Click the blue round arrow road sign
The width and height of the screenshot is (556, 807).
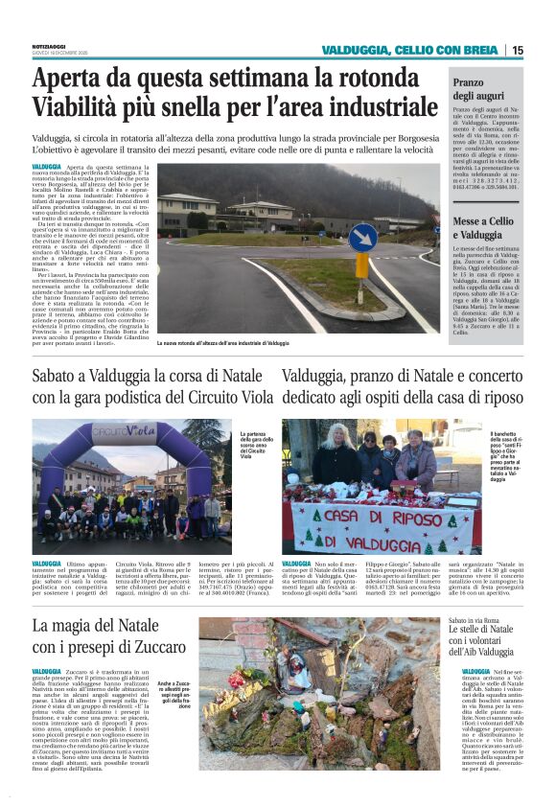[x=362, y=237]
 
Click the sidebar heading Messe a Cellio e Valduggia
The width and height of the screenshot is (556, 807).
[x=486, y=227]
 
